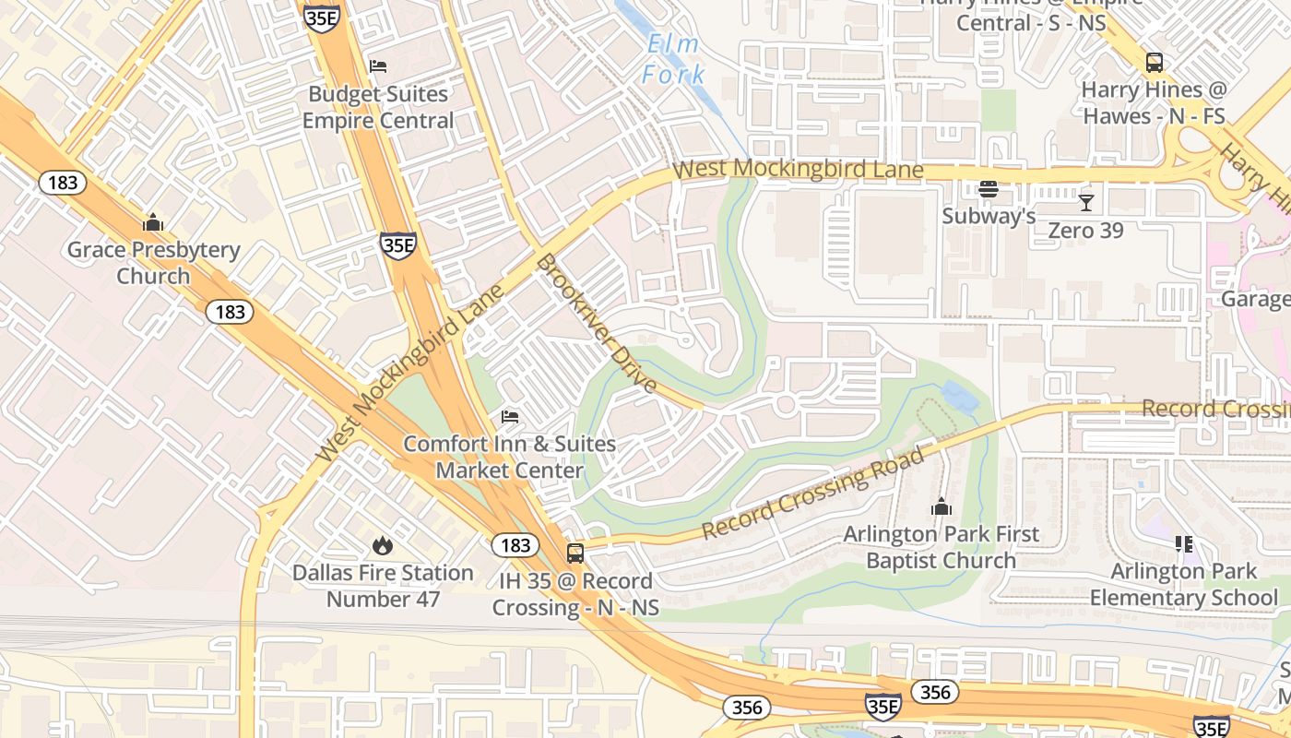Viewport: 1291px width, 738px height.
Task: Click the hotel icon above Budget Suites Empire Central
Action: tap(377, 66)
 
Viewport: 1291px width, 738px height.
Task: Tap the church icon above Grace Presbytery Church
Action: tap(153, 222)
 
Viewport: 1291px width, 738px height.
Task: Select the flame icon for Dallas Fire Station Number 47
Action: tap(383, 546)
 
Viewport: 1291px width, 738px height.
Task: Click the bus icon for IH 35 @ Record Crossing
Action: tap(575, 553)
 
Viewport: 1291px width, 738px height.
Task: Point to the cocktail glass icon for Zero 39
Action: tap(1086, 202)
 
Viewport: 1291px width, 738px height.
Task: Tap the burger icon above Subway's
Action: tap(989, 189)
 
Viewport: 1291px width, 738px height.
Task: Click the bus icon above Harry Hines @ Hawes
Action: tap(1154, 63)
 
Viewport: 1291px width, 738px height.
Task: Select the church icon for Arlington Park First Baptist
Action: tap(942, 506)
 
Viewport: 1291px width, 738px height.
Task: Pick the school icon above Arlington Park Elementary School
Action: tap(1184, 544)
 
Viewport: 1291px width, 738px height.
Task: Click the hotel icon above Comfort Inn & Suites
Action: tap(510, 417)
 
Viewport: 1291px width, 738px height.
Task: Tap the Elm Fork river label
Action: tap(674, 59)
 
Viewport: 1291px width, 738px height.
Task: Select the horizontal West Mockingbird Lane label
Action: tap(798, 170)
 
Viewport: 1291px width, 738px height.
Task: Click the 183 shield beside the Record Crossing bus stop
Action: tap(515, 545)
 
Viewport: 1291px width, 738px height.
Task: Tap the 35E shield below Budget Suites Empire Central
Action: tap(398, 245)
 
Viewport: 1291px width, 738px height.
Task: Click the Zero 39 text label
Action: tap(1085, 230)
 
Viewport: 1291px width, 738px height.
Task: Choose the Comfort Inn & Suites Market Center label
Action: tap(509, 457)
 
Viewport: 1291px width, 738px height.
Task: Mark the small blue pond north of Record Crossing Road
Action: tap(960, 397)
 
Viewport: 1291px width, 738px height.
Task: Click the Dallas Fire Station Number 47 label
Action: tap(383, 586)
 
